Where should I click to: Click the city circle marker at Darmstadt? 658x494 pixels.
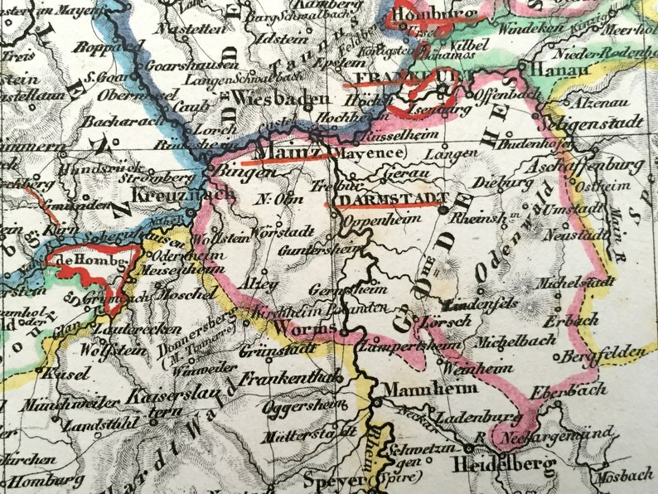[x=443, y=211]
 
